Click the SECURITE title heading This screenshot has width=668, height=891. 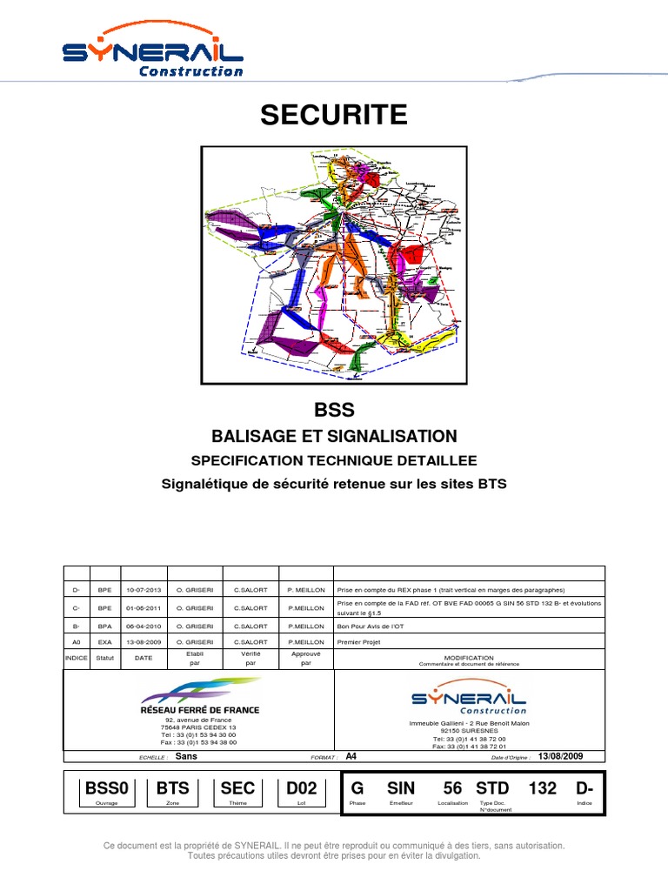tap(334, 115)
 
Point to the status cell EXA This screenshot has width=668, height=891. tap(105, 641)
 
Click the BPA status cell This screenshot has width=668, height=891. tap(105, 625)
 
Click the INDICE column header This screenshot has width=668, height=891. tap(77, 658)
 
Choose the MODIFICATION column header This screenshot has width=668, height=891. tap(469, 658)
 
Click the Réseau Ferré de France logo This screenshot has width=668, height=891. tap(199, 696)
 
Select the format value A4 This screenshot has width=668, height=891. tap(351, 756)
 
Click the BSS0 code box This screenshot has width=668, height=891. tap(106, 788)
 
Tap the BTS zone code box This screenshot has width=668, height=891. tap(172, 788)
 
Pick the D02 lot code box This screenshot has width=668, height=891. tap(302, 788)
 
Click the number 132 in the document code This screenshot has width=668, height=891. tap(542, 788)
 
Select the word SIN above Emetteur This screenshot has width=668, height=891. tap(401, 788)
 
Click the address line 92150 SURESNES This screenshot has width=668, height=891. tap(469, 731)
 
